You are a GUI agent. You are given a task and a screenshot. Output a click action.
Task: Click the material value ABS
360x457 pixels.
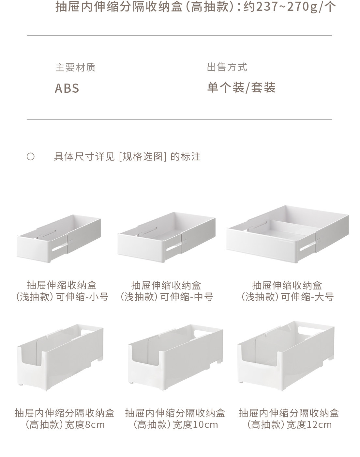(67, 88)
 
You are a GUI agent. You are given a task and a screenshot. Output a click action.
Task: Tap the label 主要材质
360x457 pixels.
(75, 68)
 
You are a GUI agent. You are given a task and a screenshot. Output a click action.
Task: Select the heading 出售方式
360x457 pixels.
(227, 68)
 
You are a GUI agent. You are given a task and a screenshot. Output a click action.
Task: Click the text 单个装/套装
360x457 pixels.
(241, 87)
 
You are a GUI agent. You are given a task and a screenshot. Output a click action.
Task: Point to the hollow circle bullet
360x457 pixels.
(30, 157)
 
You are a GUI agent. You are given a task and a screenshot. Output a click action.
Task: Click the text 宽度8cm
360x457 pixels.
(85, 425)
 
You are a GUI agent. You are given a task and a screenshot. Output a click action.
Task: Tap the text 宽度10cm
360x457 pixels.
(195, 425)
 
